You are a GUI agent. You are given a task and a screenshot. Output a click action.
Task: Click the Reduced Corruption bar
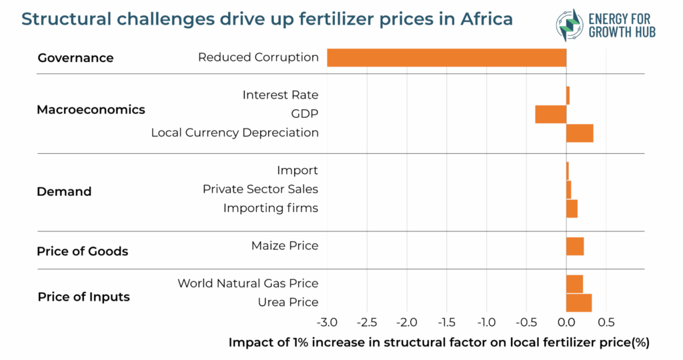tap(446, 57)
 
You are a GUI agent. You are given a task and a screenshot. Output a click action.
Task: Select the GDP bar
tap(550, 114)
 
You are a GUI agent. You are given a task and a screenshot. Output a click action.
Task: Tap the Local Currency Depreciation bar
tap(580, 133)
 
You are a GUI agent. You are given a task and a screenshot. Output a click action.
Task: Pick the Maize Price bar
tap(575, 246)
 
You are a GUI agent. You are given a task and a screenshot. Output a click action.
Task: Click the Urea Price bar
tap(579, 303)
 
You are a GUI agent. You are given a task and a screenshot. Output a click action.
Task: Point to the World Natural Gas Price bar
tap(574, 284)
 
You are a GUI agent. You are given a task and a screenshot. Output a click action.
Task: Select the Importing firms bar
tap(572, 209)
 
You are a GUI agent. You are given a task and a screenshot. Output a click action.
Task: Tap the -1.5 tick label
tap(446, 323)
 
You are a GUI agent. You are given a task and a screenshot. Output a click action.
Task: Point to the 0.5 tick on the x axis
tap(606, 323)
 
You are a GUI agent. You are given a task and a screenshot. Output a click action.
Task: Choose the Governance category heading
tap(75, 58)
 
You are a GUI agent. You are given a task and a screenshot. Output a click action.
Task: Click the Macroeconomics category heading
tap(91, 109)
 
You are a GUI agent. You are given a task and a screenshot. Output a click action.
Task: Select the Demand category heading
tap(64, 192)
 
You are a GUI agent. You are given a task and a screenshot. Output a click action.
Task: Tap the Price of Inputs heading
tap(83, 297)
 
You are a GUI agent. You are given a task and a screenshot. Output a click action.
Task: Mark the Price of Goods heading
tap(82, 251)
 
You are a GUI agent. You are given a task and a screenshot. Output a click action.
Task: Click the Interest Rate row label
tap(280, 95)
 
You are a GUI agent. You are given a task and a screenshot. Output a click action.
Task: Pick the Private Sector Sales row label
tap(260, 189)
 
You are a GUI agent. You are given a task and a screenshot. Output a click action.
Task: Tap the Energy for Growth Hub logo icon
tap(569, 25)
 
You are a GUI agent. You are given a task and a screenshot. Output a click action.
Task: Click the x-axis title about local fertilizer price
tap(438, 343)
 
